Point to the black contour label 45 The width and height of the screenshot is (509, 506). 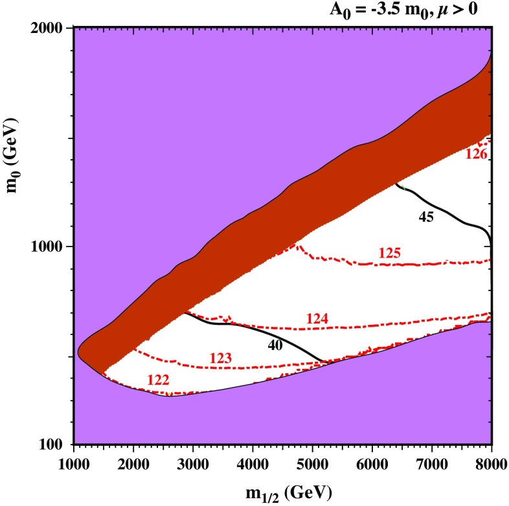coord(424,217)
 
